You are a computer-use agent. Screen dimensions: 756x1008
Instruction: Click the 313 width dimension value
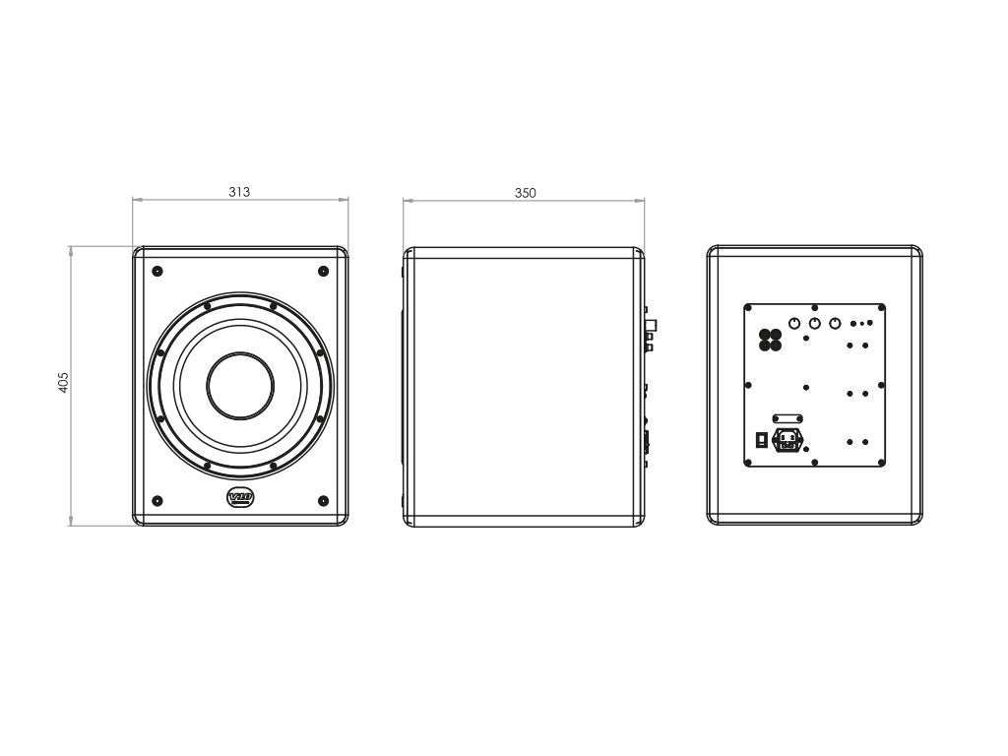click(x=239, y=193)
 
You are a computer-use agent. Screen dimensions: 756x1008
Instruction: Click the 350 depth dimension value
click(x=526, y=194)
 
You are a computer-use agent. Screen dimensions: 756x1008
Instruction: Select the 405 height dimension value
click(x=64, y=382)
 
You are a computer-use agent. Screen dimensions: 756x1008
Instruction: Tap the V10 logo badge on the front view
click(x=240, y=498)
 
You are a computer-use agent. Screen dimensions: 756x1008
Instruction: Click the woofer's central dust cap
click(x=240, y=385)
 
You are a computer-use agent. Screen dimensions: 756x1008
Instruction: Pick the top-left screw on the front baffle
click(x=157, y=271)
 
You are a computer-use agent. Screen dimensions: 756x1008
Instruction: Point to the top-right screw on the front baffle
click(x=323, y=271)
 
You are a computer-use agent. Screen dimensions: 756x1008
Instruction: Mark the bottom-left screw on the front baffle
click(x=157, y=501)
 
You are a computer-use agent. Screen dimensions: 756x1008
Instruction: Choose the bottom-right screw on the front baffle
click(x=323, y=501)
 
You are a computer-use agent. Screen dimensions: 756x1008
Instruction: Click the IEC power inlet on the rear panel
click(x=787, y=440)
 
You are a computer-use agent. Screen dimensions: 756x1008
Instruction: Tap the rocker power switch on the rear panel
click(x=761, y=440)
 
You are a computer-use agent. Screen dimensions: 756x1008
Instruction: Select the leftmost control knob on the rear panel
click(x=793, y=323)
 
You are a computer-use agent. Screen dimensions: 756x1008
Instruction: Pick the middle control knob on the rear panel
click(x=814, y=323)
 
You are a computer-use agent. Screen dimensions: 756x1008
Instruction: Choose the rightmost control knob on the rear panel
click(x=835, y=323)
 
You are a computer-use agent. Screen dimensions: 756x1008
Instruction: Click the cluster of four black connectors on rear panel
click(x=770, y=340)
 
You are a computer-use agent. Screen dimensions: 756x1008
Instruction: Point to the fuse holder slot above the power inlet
click(x=787, y=418)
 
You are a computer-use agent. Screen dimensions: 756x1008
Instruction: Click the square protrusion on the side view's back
click(x=650, y=325)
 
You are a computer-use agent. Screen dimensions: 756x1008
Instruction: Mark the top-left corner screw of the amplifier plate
click(x=749, y=309)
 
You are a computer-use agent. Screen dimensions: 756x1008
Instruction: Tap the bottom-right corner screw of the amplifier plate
click(x=881, y=461)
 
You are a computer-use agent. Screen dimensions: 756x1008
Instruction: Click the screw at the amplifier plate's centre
click(x=806, y=387)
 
